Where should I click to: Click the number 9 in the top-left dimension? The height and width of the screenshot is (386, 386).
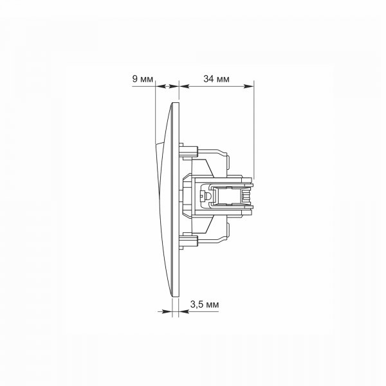(x=135, y=78)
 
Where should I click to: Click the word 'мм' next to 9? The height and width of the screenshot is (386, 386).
(x=147, y=80)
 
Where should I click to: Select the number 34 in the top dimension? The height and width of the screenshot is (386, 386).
(x=208, y=78)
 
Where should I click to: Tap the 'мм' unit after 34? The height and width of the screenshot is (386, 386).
(x=223, y=80)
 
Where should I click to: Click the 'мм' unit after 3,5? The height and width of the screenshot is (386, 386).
(x=212, y=305)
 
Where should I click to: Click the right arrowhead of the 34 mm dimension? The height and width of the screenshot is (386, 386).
(x=248, y=86)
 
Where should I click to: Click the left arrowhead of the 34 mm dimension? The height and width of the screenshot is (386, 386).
(x=184, y=86)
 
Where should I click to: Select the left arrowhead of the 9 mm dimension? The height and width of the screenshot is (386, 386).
(x=160, y=86)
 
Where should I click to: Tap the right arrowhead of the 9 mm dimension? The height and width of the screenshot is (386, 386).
(x=173, y=86)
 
